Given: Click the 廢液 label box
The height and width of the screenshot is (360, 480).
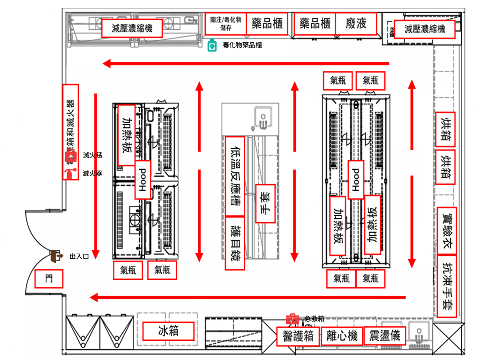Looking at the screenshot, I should (356, 24).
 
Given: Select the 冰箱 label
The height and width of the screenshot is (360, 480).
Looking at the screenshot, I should (168, 331).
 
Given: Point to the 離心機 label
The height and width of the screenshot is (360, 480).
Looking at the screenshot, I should (342, 336).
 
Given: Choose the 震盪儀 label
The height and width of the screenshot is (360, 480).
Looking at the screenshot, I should (384, 336).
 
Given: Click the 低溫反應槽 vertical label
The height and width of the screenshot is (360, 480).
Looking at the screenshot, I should (235, 176).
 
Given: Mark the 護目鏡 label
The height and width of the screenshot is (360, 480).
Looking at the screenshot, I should (235, 243).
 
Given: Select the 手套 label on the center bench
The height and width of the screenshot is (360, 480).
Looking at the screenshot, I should (265, 203).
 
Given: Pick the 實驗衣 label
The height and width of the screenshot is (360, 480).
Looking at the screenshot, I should (446, 230).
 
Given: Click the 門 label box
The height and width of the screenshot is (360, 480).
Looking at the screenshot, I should (49, 279).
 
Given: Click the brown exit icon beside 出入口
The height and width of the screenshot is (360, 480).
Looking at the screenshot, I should (57, 256).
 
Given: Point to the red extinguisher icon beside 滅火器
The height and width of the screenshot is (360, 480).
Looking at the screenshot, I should (71, 173).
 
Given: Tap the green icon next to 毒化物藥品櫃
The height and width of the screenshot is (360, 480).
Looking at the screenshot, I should (212, 45).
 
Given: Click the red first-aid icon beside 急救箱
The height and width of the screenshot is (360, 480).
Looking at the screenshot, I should (292, 319).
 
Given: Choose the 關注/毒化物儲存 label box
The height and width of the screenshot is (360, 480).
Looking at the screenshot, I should (225, 24).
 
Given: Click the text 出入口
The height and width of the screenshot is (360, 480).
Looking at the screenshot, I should (79, 256).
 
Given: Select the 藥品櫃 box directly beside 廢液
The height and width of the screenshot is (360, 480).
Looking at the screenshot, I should (315, 24).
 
